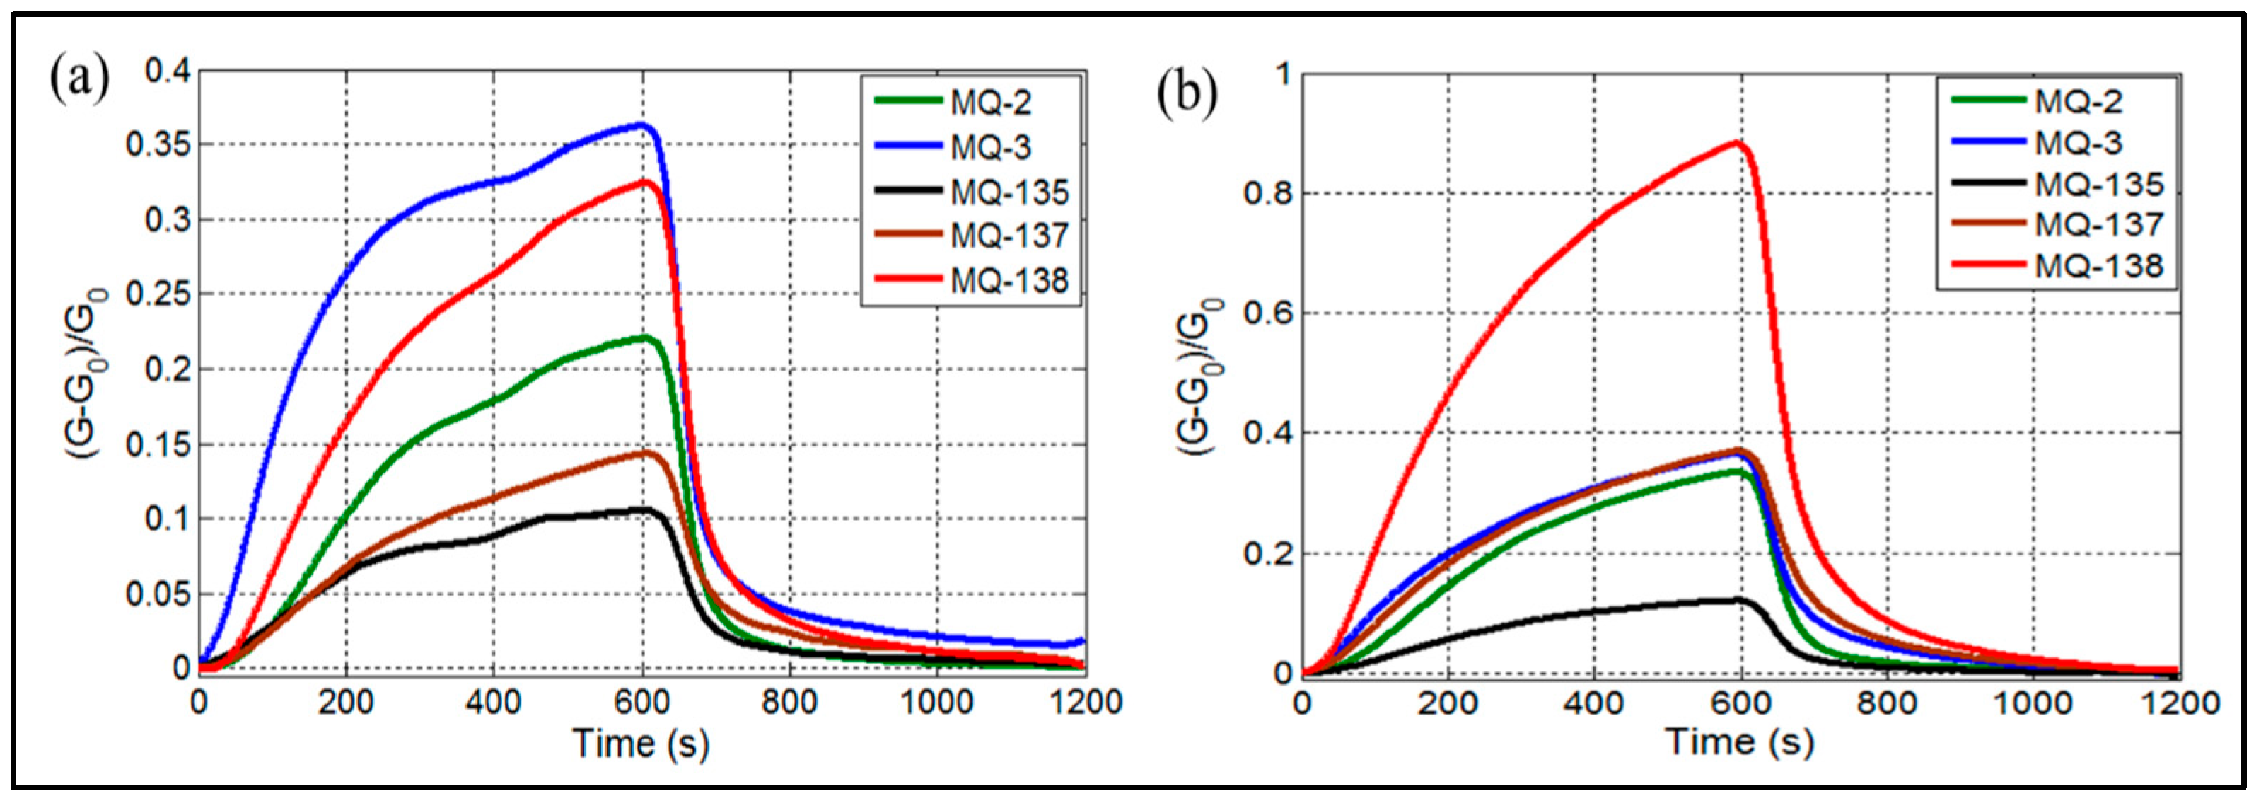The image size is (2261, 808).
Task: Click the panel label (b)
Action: tap(1187, 95)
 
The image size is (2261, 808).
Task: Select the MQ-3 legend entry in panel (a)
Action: tap(991, 148)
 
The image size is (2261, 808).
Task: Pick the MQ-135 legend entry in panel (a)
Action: tap(1009, 192)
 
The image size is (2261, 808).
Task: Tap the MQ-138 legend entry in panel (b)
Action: tap(2098, 265)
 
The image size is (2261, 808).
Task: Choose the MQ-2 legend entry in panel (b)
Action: tap(2079, 101)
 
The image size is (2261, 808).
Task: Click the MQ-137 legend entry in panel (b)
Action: tap(2098, 224)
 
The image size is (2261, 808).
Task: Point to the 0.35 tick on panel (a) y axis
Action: tap(158, 145)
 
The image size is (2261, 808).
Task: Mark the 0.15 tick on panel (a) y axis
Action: tap(158, 444)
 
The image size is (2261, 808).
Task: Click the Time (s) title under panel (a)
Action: tap(641, 743)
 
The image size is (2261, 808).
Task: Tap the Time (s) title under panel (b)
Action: tap(1740, 742)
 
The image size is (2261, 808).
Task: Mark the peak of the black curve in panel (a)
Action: tap(645, 509)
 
